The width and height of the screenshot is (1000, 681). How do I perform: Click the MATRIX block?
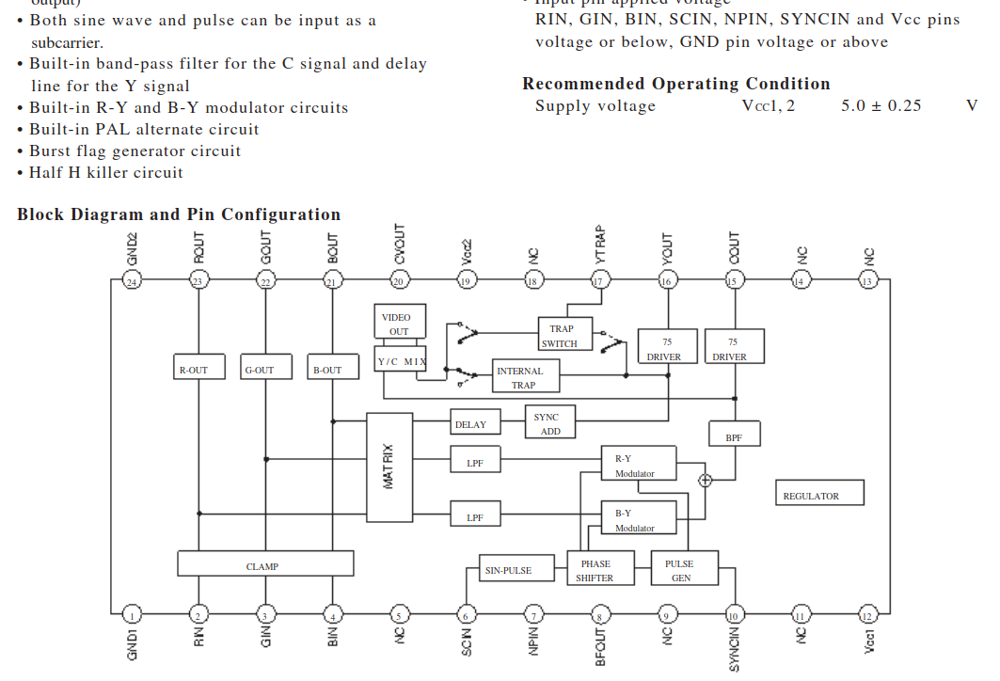click(389, 467)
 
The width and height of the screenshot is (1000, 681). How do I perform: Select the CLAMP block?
click(265, 564)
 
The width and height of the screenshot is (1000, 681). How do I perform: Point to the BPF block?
click(734, 434)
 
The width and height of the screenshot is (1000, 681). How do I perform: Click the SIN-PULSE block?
click(508, 569)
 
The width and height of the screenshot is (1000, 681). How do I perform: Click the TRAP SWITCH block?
click(564, 334)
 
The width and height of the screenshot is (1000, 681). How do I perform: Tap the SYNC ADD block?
click(547, 422)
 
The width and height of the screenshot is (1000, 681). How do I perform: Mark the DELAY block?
click(470, 422)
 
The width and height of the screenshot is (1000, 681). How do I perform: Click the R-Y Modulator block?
click(638, 463)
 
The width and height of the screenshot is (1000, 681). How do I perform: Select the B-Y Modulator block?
click(638, 518)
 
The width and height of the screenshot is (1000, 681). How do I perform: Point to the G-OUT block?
click(260, 368)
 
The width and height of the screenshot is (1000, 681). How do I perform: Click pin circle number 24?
click(132, 280)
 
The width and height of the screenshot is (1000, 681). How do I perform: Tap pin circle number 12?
click(866, 616)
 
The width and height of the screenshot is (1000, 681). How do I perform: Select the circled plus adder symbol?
click(705, 480)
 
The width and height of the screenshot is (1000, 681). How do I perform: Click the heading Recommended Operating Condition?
click(675, 84)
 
